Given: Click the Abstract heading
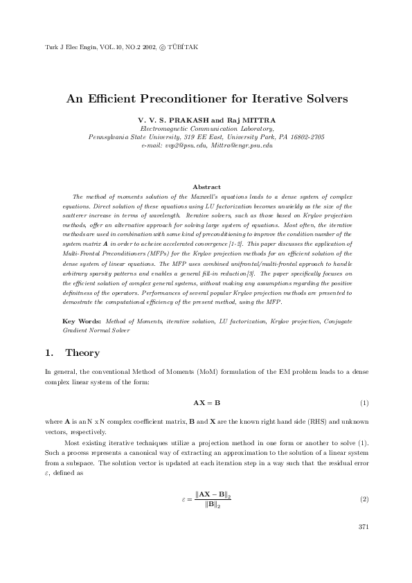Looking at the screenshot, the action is coord(206,187).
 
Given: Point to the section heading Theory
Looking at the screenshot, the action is coord(82,353).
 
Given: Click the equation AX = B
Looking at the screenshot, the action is coord(206,402).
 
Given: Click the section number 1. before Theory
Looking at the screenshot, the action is coord(49,353).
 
